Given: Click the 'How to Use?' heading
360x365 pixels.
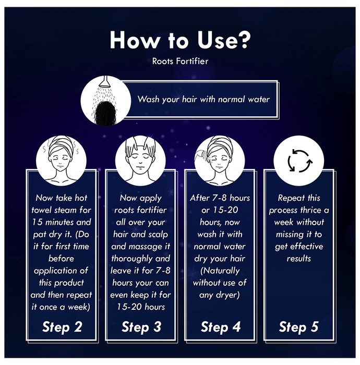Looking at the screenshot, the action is pyautogui.click(x=180, y=40).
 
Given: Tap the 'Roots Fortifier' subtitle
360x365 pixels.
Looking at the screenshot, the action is pyautogui.click(x=180, y=61).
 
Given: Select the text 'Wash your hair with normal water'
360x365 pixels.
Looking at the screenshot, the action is pyautogui.click(x=203, y=100).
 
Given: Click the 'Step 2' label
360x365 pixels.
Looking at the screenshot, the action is pyautogui.click(x=62, y=326).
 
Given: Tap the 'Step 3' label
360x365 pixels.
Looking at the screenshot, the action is pyautogui.click(x=141, y=326).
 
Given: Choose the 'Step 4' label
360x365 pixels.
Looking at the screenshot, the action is pyautogui.click(x=221, y=326).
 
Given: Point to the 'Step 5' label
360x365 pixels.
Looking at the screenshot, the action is pyautogui.click(x=299, y=326).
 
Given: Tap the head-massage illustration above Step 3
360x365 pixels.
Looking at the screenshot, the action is pyautogui.click(x=140, y=161).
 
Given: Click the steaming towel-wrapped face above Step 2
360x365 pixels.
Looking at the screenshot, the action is pyautogui.click(x=61, y=161).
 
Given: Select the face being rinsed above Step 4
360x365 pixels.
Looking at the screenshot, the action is pyautogui.click(x=219, y=161).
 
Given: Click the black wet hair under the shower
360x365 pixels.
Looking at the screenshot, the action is pyautogui.click(x=105, y=113).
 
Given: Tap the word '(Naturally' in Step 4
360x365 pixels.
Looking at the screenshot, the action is pyautogui.click(x=220, y=271).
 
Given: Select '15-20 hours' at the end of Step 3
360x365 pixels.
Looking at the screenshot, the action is pyautogui.click(x=141, y=307).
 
